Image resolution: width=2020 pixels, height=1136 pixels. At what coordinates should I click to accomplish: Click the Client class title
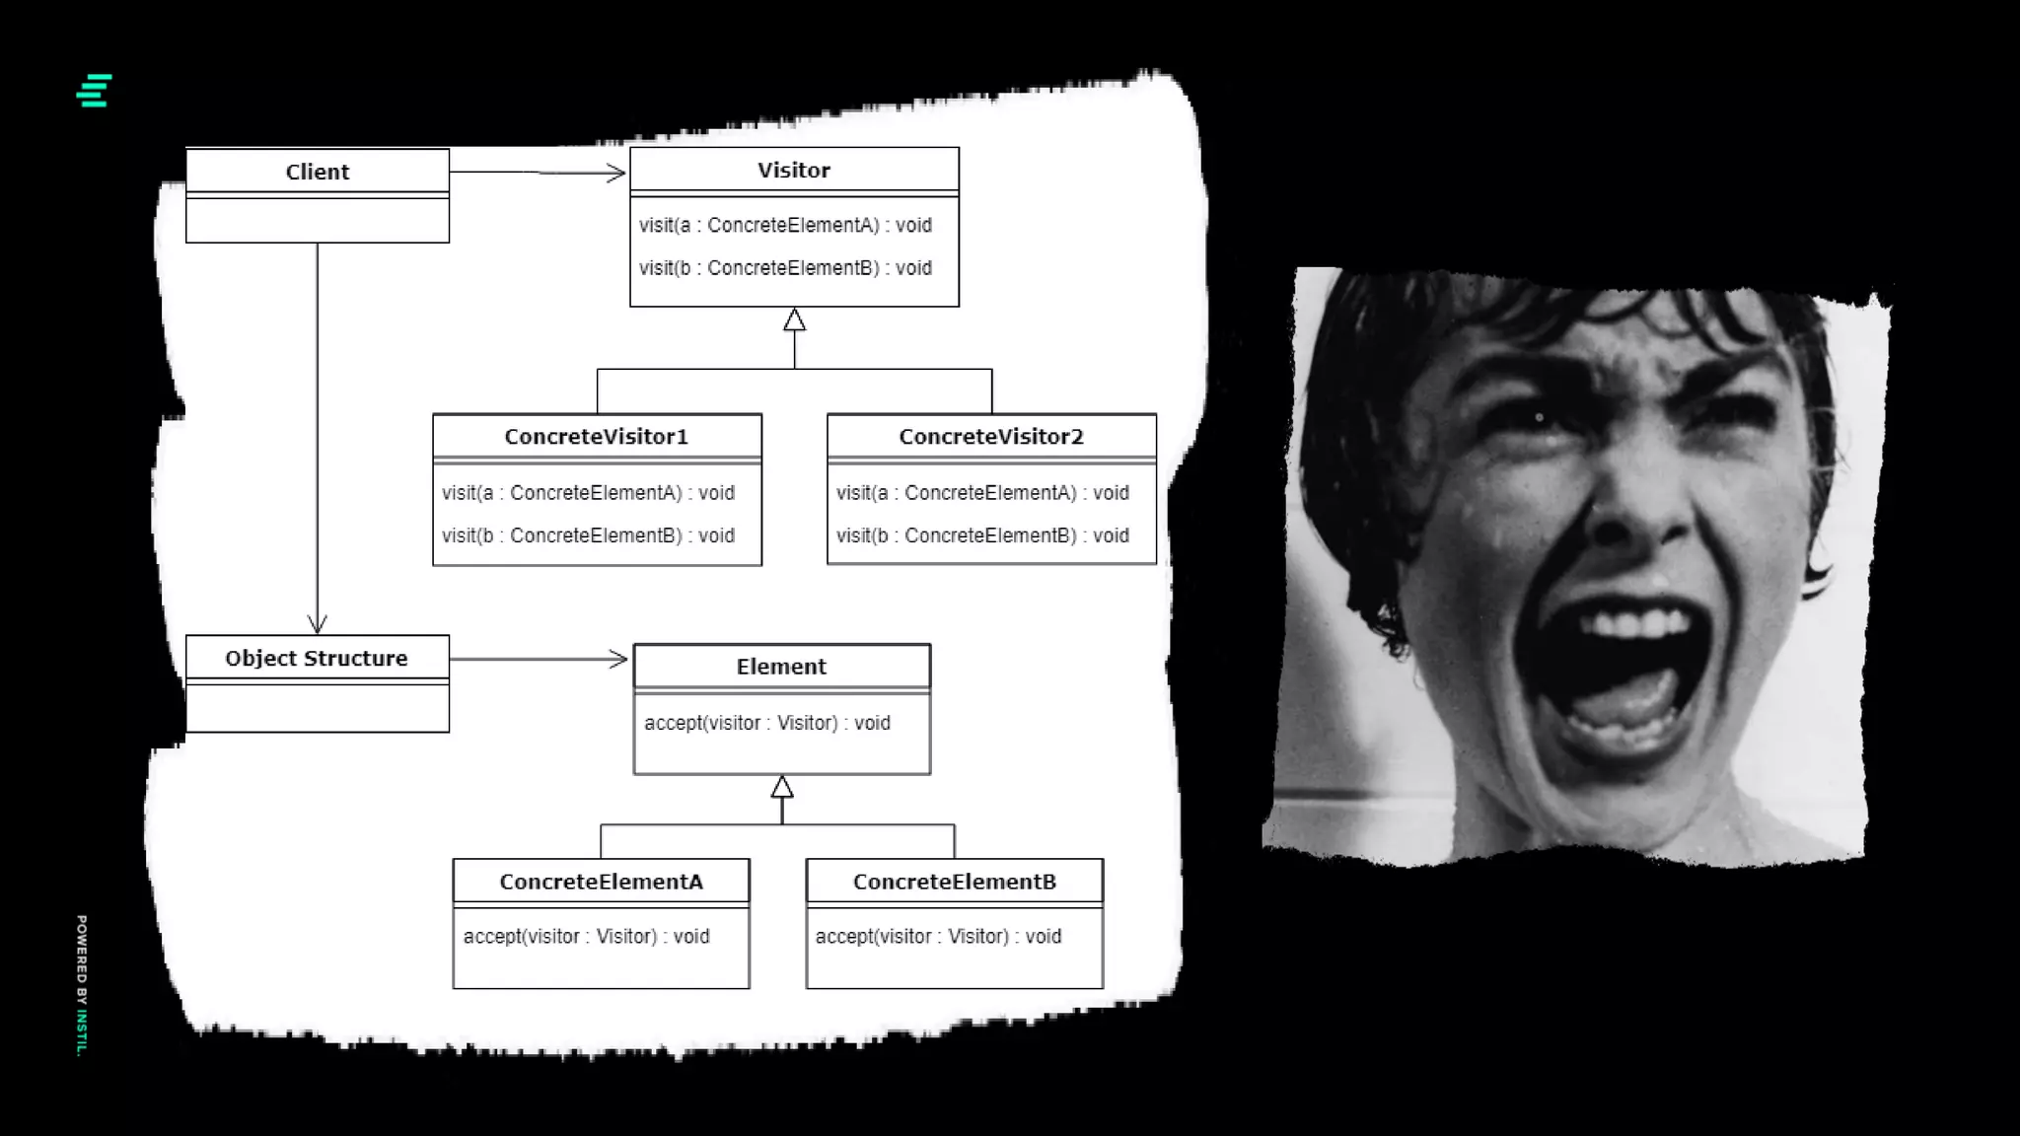point(318,172)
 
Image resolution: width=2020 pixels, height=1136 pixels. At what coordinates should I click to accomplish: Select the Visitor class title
point(794,170)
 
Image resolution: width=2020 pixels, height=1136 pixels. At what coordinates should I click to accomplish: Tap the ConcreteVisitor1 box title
point(597,437)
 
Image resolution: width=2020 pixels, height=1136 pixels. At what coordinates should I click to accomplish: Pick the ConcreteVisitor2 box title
point(991,437)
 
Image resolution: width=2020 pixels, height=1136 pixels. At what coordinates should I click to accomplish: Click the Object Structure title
point(317,658)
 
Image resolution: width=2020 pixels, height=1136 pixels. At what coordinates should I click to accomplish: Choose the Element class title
point(781,667)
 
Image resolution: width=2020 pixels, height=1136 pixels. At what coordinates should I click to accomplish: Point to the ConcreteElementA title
point(601,882)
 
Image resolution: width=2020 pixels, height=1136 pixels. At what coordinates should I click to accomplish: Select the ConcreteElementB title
point(955,882)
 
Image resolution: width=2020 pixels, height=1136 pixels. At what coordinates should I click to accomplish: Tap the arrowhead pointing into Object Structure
point(317,624)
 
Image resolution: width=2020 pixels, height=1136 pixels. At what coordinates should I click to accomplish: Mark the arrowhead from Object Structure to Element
point(619,659)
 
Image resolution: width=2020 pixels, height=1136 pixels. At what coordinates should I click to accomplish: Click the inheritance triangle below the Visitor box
point(794,320)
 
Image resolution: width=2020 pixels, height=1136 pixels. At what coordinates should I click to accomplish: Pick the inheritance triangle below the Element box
point(782,787)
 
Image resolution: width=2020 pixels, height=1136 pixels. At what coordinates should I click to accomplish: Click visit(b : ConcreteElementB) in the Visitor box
point(785,268)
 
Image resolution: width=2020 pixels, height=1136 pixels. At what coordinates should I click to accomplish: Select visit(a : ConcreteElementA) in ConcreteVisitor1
point(588,493)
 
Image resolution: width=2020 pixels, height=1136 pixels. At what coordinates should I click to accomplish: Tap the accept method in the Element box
point(767,723)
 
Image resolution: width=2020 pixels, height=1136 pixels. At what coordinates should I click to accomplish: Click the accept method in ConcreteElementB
point(938,937)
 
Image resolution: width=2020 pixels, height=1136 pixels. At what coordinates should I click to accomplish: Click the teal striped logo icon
point(95,91)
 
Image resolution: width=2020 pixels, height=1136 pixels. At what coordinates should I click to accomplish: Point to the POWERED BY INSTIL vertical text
point(82,985)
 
